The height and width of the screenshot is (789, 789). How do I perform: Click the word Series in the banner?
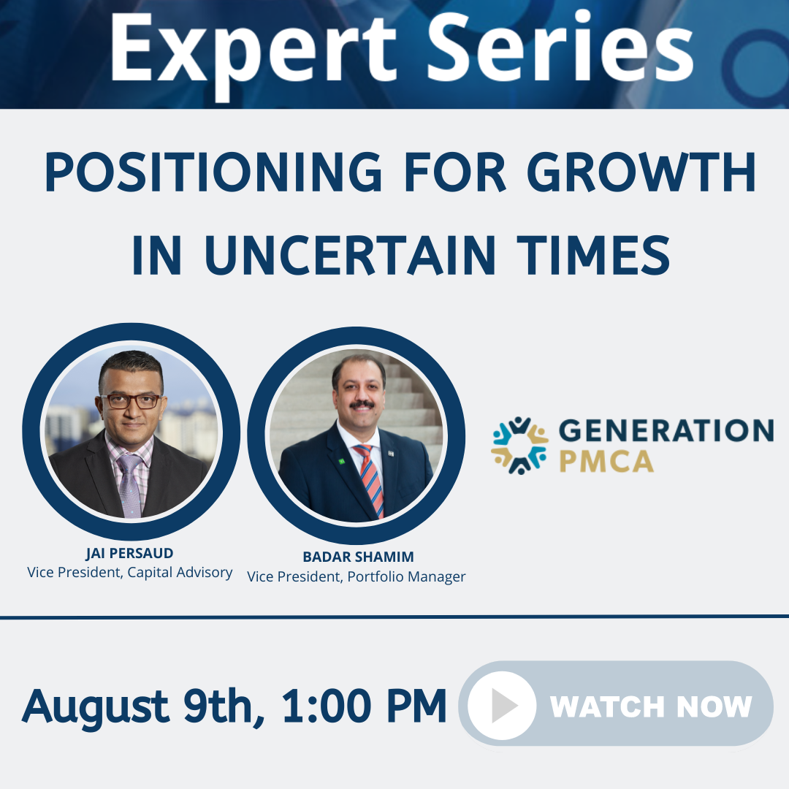click(560, 47)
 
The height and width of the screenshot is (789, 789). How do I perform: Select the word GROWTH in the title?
click(641, 172)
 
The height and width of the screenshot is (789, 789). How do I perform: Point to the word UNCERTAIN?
click(351, 255)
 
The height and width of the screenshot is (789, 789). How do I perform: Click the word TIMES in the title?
click(594, 255)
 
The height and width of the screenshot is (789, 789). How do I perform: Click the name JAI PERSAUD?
click(129, 554)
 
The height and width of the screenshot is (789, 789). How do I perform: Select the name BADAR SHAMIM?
click(358, 557)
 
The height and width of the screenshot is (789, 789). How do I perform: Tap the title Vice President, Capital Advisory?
click(130, 573)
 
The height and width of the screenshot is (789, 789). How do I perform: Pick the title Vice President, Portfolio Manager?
click(357, 576)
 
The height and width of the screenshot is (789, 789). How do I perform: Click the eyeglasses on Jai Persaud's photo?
click(131, 401)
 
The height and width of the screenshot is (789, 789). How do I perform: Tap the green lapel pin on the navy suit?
click(342, 461)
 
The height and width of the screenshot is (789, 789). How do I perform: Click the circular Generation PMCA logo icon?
click(520, 446)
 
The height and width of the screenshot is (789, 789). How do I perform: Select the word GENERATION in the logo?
click(666, 431)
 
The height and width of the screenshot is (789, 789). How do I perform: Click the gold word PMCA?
click(606, 462)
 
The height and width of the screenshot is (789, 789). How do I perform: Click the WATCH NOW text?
click(651, 706)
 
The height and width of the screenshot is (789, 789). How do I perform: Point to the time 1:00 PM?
click(364, 706)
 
